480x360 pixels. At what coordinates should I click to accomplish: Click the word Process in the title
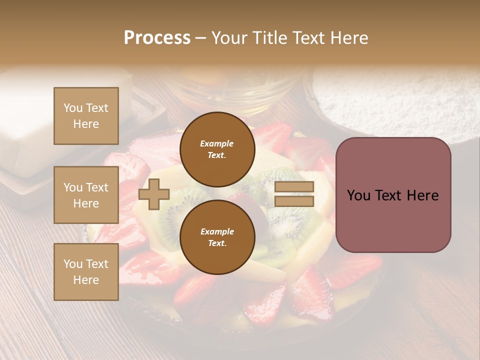coord(157,38)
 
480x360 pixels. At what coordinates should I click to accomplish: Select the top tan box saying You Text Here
coord(86,116)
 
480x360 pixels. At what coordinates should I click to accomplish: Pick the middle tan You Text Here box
coord(86,195)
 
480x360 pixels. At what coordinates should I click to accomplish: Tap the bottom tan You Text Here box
coord(86,272)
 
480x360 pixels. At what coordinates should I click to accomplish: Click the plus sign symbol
coord(154,194)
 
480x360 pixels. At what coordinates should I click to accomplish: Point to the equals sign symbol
coord(294,194)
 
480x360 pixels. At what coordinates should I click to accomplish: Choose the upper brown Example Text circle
coord(217,149)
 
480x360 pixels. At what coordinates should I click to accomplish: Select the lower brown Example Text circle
coord(217,237)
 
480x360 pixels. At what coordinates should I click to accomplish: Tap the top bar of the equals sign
coord(294,187)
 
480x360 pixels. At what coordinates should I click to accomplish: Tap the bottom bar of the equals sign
coord(294,201)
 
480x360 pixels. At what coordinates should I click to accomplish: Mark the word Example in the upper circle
coord(217,143)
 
